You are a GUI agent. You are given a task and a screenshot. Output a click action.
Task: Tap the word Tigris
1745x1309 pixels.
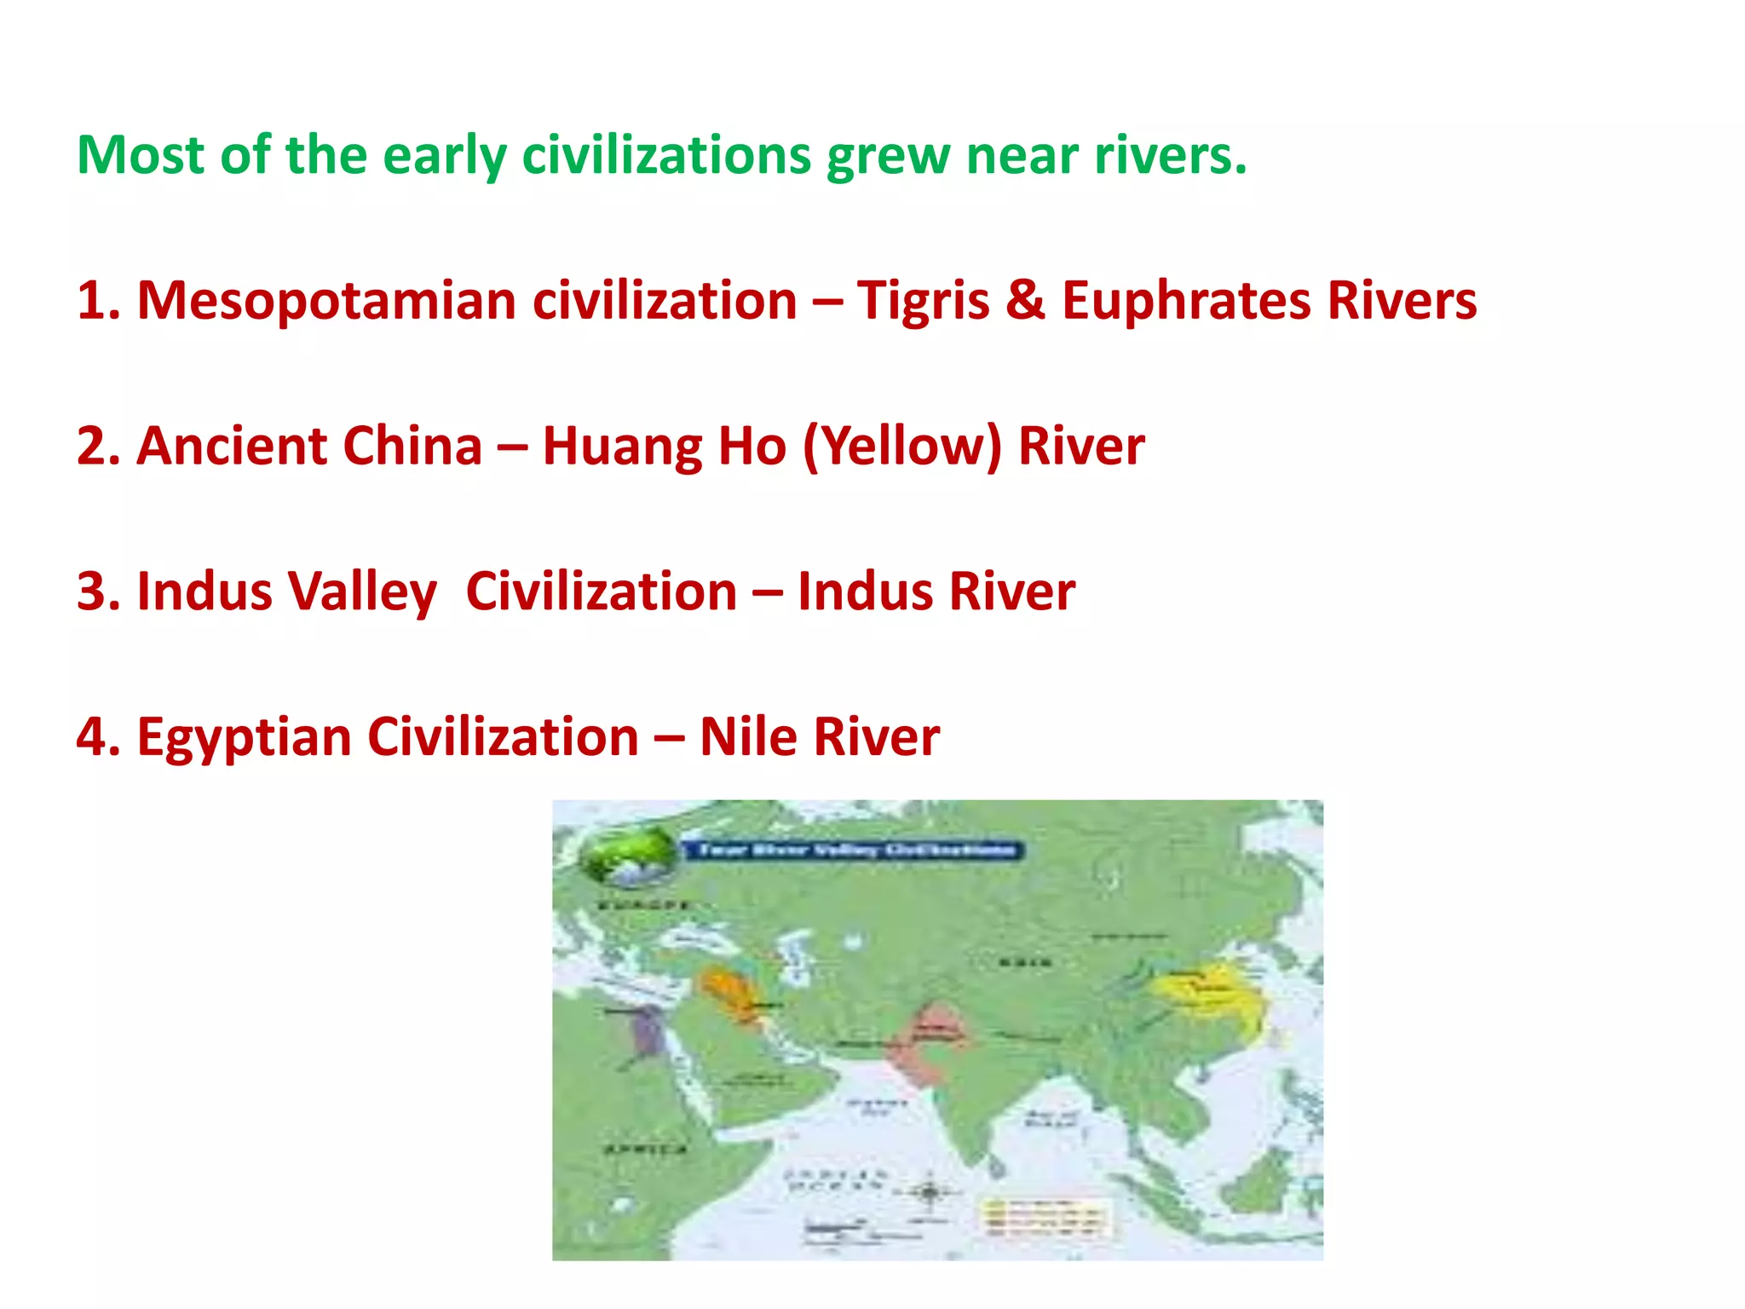click(922, 302)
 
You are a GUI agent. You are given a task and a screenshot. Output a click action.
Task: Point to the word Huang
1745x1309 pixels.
click(622, 447)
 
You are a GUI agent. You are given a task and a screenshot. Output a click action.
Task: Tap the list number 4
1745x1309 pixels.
click(97, 737)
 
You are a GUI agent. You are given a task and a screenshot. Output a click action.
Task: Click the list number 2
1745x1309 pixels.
click(97, 447)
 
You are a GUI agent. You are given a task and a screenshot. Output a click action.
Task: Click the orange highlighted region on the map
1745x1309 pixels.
click(729, 993)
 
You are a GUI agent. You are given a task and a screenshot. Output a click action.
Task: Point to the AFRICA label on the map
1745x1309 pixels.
click(646, 1150)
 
